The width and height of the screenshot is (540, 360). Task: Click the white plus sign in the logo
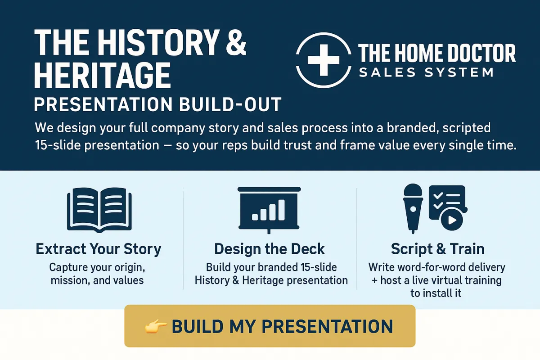pyautogui.click(x=324, y=60)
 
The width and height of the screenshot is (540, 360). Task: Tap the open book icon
pyautogui.click(x=99, y=210)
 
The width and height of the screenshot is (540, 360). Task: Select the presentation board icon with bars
pyautogui.click(x=269, y=210)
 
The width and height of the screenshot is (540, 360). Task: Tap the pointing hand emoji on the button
pyautogui.click(x=156, y=327)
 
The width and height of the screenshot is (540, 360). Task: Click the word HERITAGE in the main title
pyautogui.click(x=103, y=75)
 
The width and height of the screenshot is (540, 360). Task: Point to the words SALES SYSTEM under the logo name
pyautogui.click(x=426, y=72)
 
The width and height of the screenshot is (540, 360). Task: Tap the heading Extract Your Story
pyautogui.click(x=99, y=249)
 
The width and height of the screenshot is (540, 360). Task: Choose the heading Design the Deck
pyautogui.click(x=270, y=249)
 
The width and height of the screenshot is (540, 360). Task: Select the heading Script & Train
pyautogui.click(x=437, y=249)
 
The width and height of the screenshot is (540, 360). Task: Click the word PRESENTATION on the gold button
pyautogui.click(x=328, y=327)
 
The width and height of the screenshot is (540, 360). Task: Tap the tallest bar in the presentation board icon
pyautogui.click(x=282, y=210)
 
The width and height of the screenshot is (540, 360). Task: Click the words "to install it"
pyautogui.click(x=436, y=293)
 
